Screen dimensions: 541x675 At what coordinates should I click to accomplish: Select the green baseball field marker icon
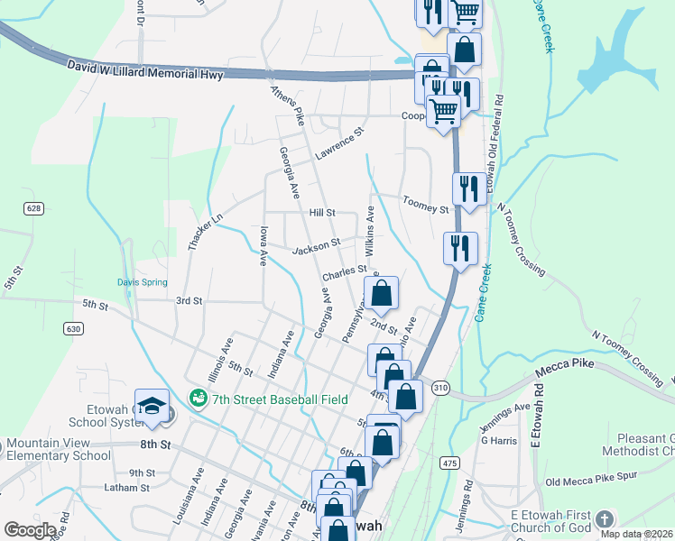[197, 397]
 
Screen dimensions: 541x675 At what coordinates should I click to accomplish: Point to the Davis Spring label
[143, 282]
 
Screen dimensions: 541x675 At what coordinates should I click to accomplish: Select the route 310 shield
[440, 386]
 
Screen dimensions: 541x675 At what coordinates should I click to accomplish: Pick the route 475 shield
[448, 463]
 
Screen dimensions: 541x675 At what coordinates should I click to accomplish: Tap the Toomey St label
[426, 209]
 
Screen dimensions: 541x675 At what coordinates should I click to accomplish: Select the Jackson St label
[315, 243]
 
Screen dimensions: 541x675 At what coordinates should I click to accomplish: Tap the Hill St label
[322, 213]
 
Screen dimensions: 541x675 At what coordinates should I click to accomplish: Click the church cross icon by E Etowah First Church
[605, 519]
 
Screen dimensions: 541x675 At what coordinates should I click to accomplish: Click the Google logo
[29, 530]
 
